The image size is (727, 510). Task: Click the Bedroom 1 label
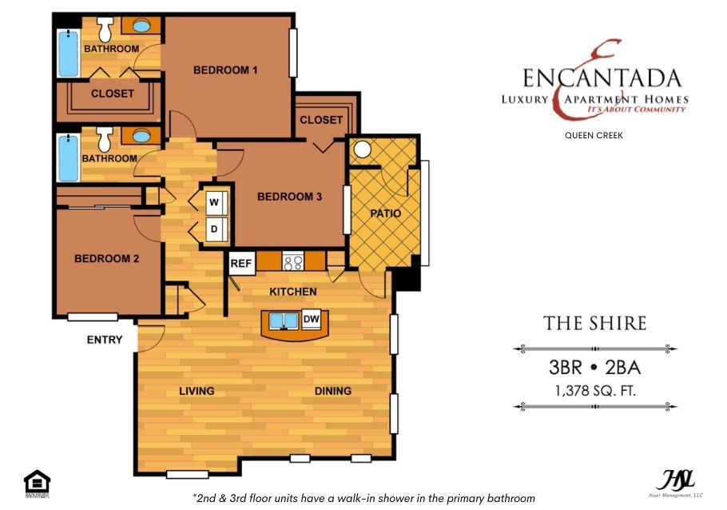click(225, 70)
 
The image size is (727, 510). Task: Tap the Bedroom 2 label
click(107, 258)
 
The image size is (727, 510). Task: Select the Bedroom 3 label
click(288, 197)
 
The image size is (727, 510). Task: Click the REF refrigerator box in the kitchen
click(240, 263)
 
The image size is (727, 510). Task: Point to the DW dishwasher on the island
click(312, 320)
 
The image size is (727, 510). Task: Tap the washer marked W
click(214, 201)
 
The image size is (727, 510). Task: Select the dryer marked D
click(214, 230)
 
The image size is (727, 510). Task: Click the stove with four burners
click(293, 261)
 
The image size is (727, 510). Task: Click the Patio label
click(385, 214)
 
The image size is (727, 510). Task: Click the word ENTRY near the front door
click(105, 340)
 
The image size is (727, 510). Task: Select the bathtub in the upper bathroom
click(69, 53)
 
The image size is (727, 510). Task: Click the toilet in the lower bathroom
click(104, 141)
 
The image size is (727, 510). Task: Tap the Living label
click(197, 391)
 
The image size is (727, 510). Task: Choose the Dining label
click(333, 391)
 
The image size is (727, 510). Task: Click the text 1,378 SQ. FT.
click(594, 390)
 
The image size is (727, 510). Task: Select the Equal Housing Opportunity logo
click(37, 484)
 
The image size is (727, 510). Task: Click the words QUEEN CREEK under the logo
click(594, 135)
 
